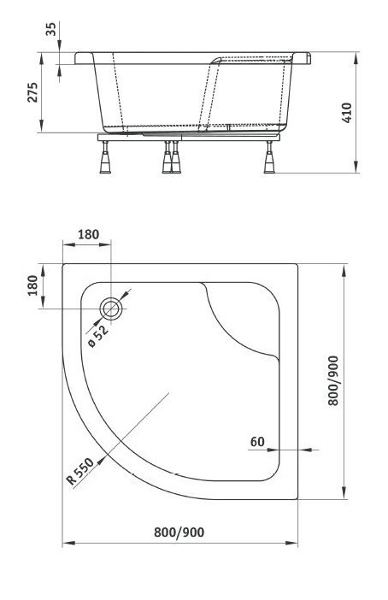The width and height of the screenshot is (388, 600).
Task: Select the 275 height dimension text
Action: point(32,93)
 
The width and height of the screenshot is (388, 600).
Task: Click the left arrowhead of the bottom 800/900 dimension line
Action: point(67,544)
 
